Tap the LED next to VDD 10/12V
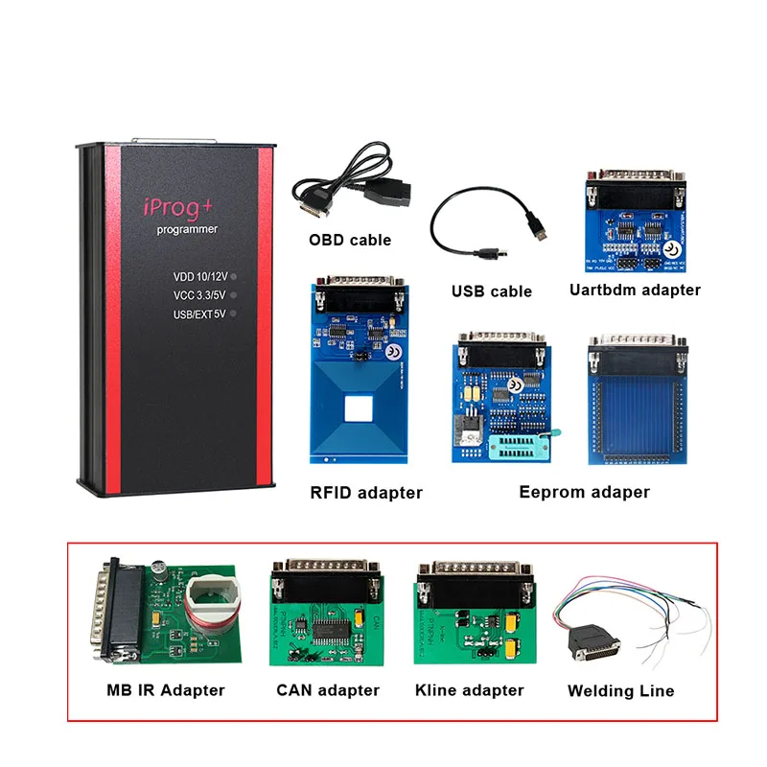(x=234, y=277)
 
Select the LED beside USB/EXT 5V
(x=234, y=314)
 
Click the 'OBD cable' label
(x=349, y=240)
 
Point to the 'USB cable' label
(x=491, y=291)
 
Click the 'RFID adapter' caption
(x=365, y=493)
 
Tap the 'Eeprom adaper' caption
(x=584, y=492)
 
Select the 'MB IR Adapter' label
(x=166, y=690)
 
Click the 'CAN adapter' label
(x=328, y=690)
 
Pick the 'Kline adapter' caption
(x=470, y=690)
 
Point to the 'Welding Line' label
(x=620, y=691)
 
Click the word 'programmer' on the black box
(x=188, y=230)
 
